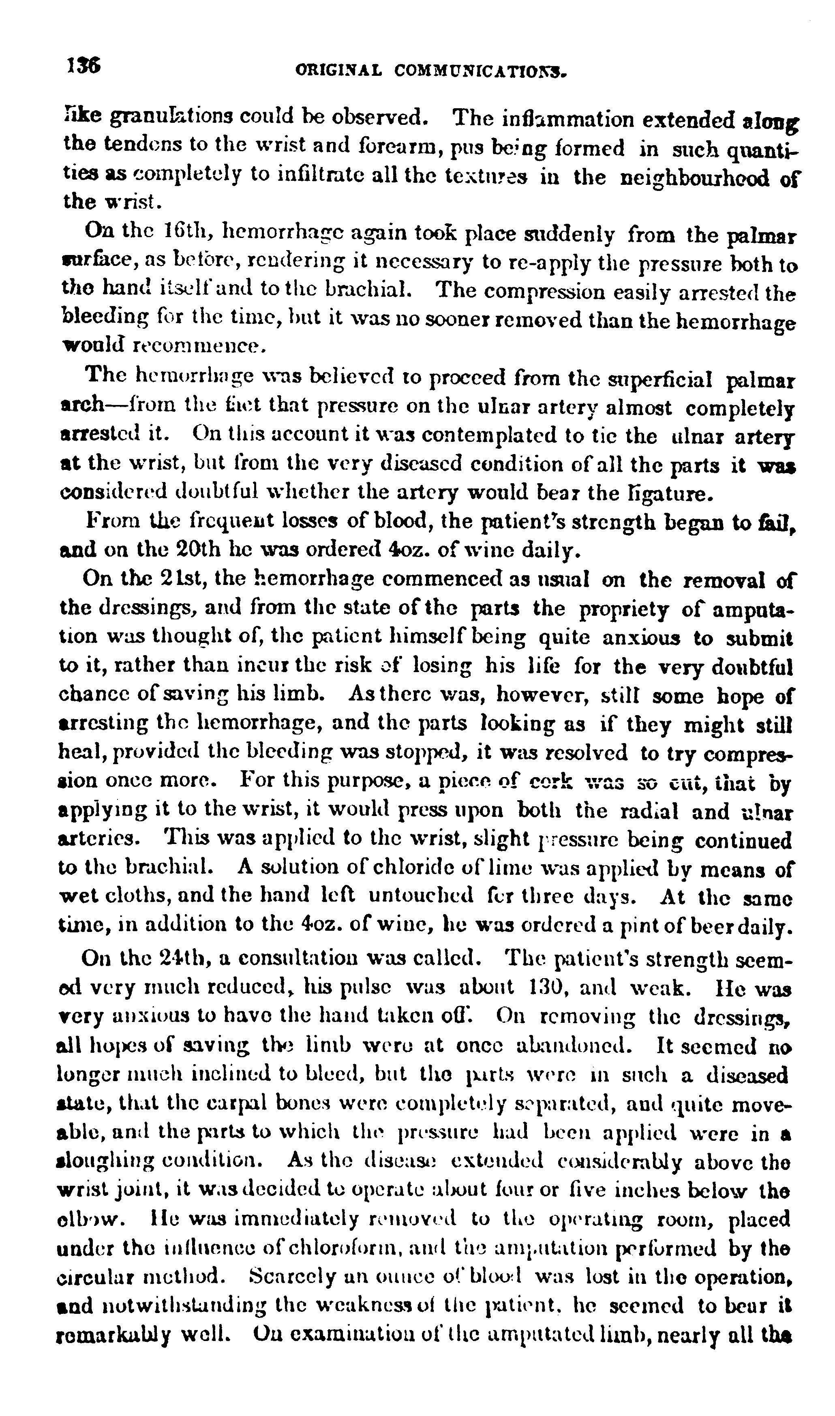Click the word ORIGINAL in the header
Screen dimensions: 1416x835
point(339,71)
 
